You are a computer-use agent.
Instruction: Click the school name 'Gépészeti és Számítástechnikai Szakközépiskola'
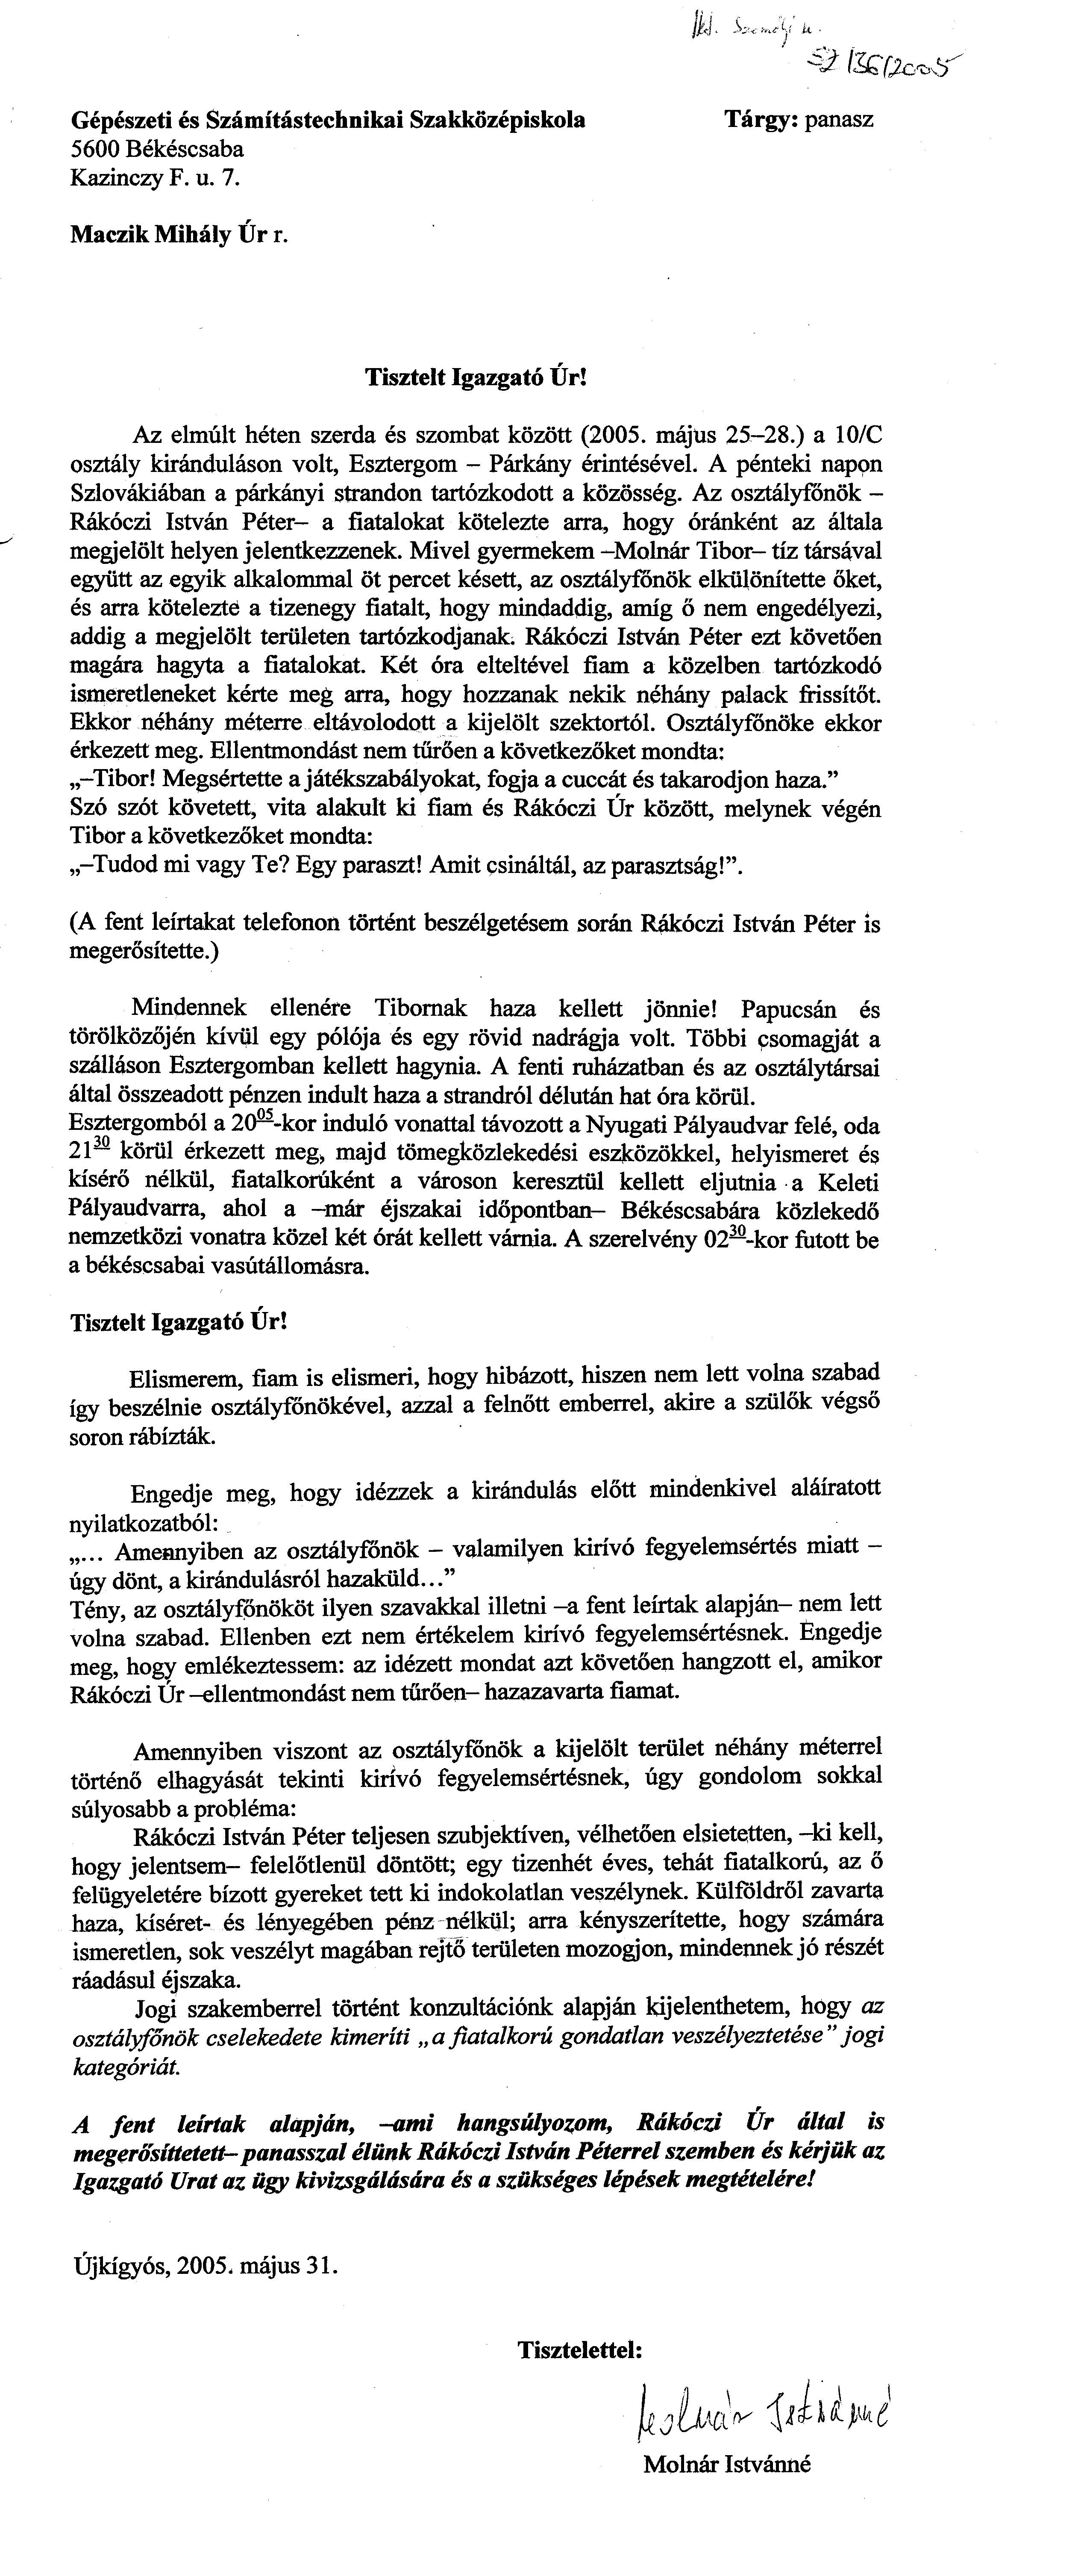pos(329,121)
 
